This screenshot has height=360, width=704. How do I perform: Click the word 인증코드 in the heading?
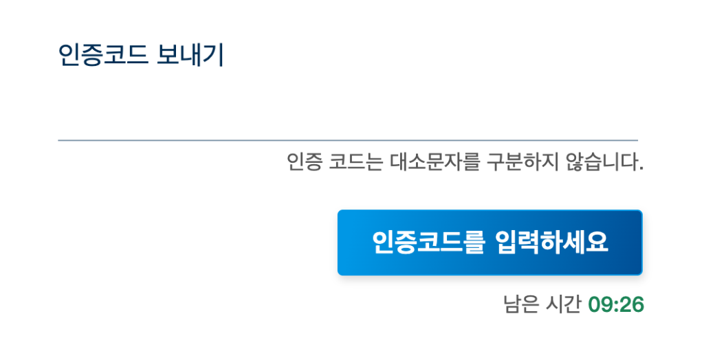[103, 55]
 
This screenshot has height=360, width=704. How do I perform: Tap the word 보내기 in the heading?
[190, 55]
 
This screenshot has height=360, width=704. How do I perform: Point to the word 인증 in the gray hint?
[304, 161]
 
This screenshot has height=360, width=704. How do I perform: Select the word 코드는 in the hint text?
[355, 161]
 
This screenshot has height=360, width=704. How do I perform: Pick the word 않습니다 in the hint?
[602, 161]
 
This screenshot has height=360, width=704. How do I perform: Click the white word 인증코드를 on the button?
[429, 243]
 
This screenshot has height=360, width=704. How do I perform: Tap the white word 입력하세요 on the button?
[552, 243]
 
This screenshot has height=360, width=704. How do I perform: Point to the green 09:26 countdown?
[616, 304]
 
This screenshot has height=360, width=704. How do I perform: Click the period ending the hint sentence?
[641, 168]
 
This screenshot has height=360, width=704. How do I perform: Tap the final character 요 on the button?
[597, 243]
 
